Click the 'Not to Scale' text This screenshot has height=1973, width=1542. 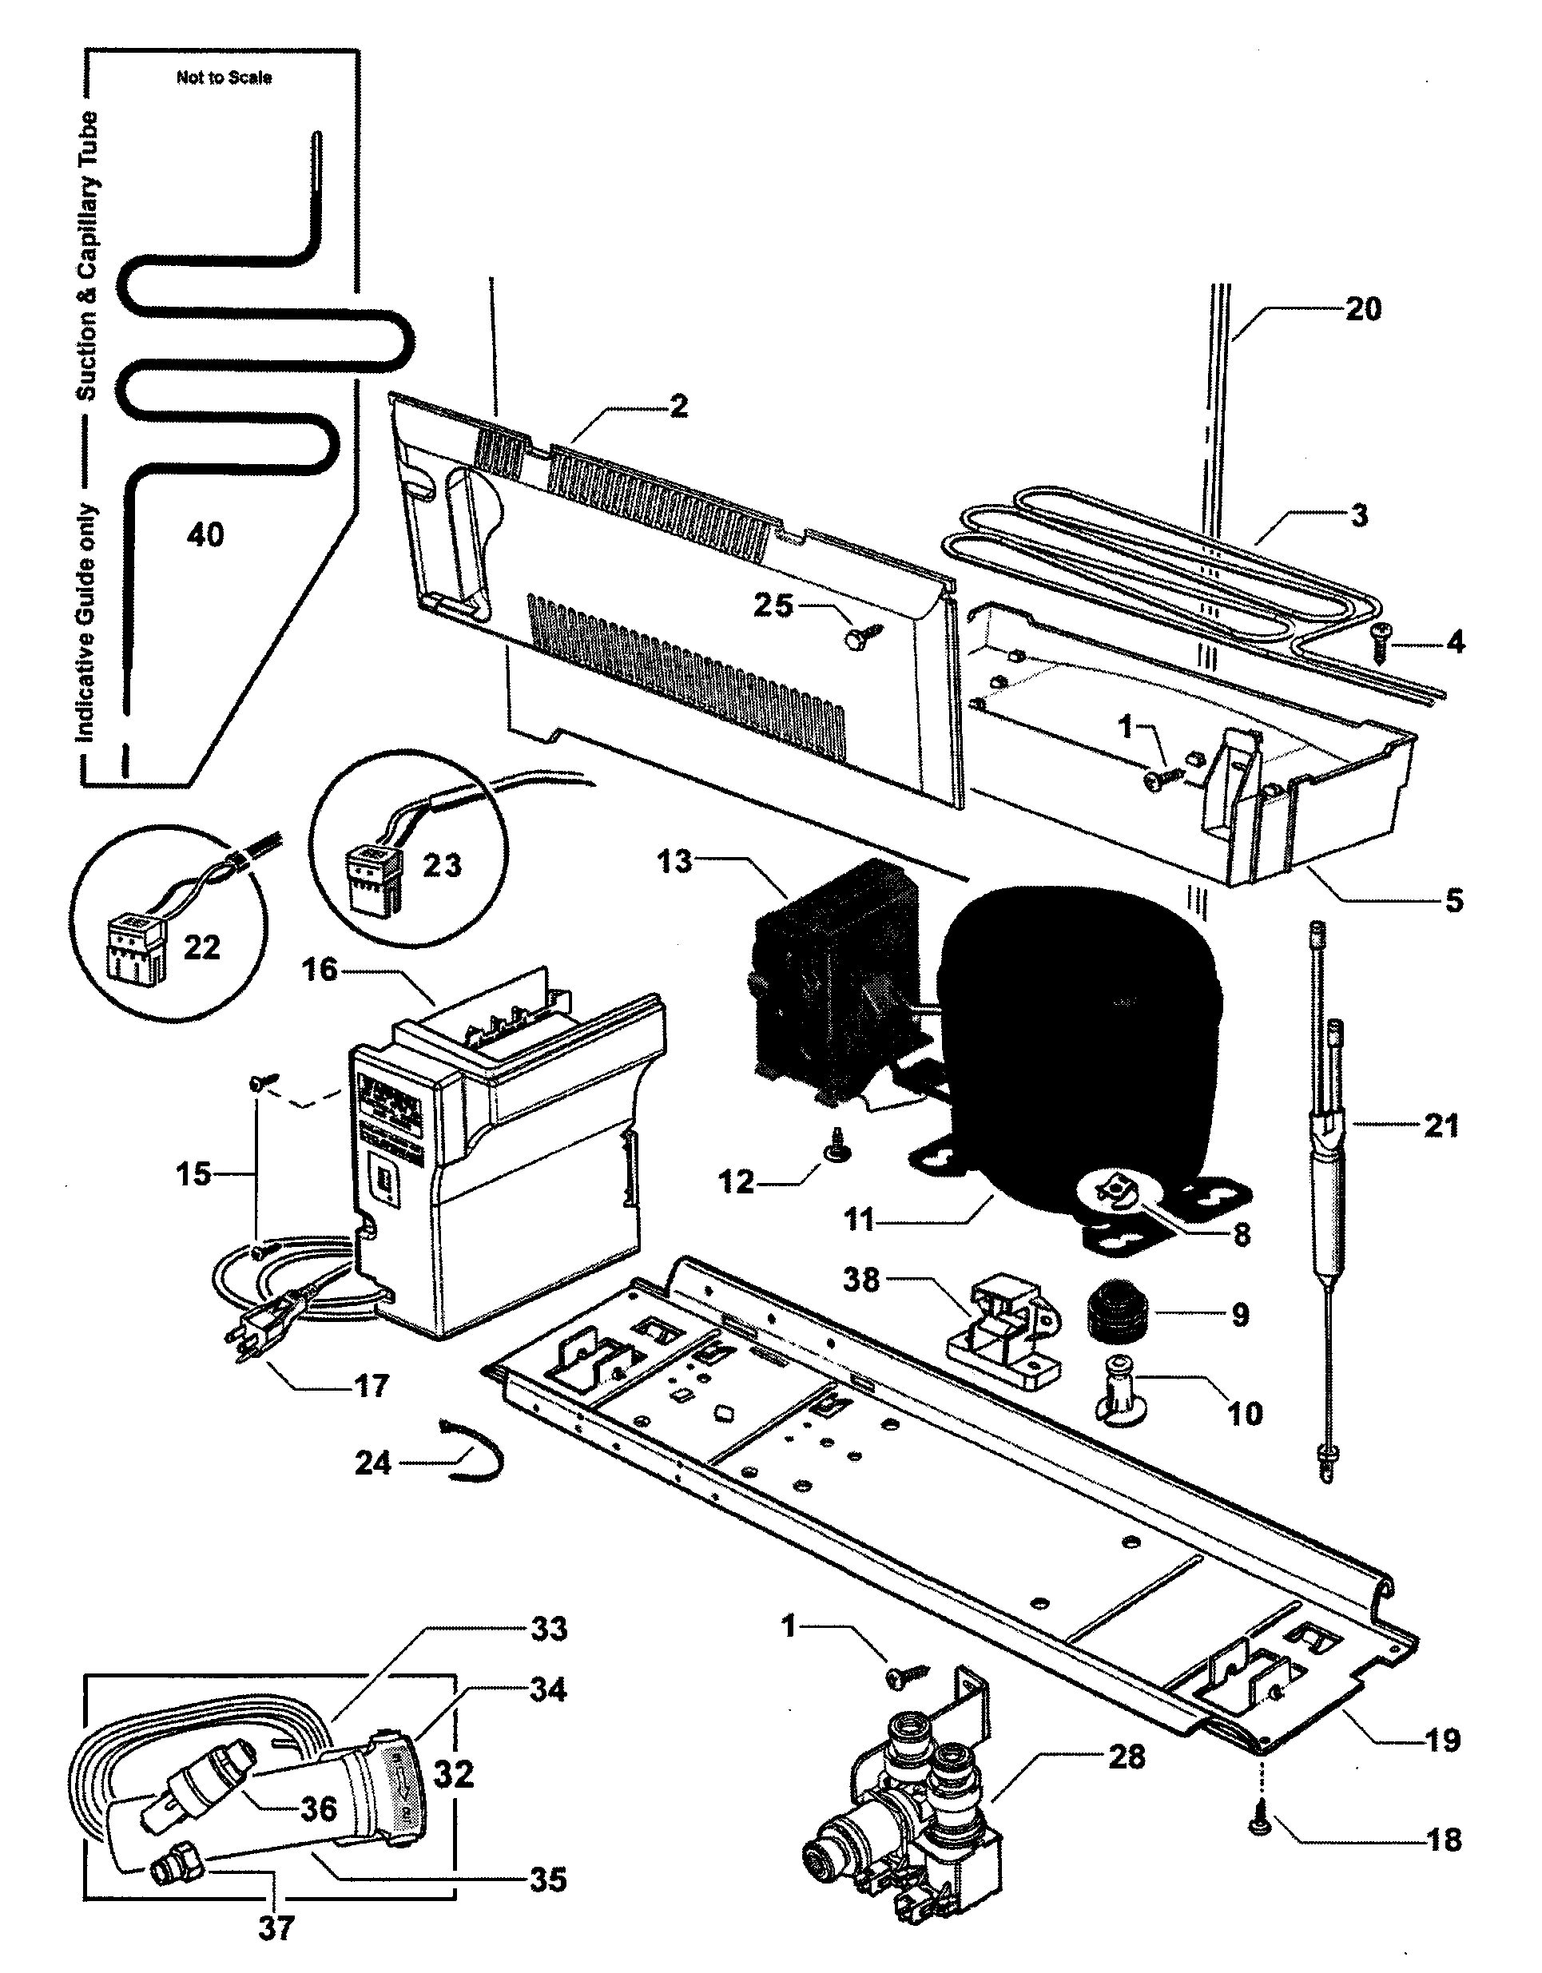tap(223, 77)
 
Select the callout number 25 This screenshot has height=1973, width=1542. tap(773, 605)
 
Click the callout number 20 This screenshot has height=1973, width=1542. tap(1362, 309)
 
